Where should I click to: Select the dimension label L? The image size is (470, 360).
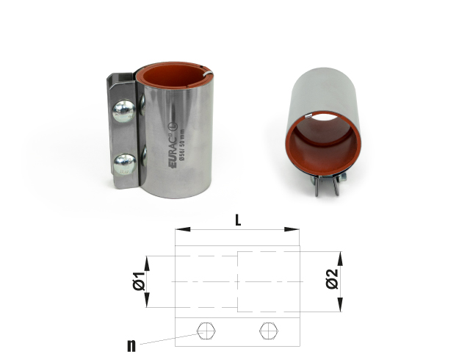point(237,219)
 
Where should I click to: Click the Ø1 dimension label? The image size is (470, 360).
point(136,281)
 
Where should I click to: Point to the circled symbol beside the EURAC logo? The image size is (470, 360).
point(173,135)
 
